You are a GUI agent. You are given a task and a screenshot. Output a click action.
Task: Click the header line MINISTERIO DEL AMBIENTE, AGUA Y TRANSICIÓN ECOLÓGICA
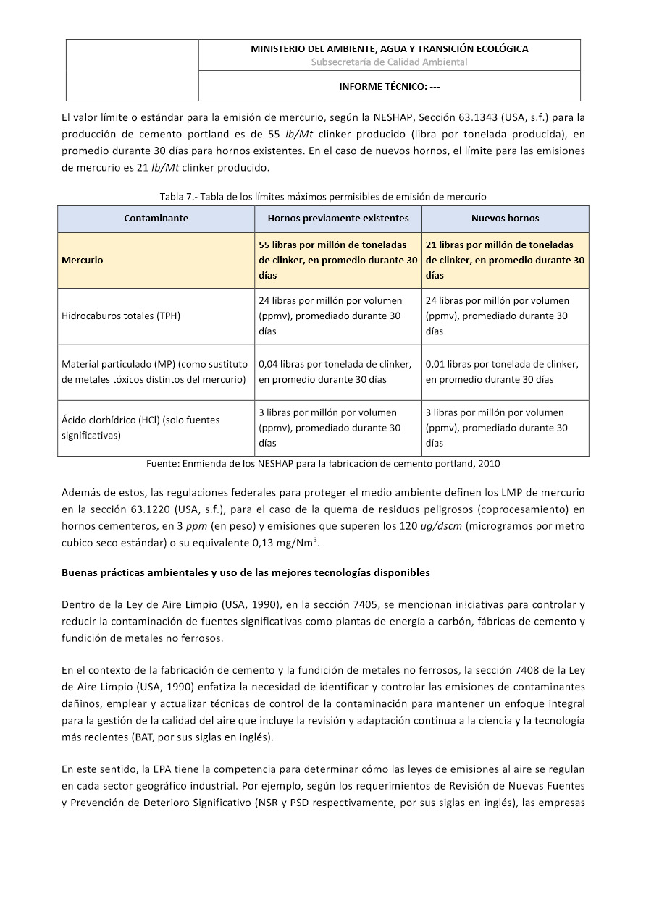click(389, 48)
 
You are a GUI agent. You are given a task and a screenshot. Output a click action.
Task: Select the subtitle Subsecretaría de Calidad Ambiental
click(389, 62)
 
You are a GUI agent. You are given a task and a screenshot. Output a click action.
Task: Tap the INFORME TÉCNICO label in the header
click(389, 86)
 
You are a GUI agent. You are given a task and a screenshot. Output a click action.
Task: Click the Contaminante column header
click(156, 218)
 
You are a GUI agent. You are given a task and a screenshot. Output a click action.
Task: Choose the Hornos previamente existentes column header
click(338, 218)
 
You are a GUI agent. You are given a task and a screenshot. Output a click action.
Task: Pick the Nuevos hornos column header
click(505, 218)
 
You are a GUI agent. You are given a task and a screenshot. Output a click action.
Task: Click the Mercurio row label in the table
click(83, 260)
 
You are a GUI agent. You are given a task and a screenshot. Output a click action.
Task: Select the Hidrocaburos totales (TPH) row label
click(121, 316)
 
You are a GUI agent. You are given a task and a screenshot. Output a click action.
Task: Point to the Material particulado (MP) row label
click(155, 371)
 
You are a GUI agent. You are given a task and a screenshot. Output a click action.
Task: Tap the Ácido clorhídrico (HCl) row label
click(140, 427)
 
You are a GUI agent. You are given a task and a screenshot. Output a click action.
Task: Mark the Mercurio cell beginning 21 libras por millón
click(505, 260)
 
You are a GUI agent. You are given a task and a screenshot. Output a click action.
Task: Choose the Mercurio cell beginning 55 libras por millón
click(338, 260)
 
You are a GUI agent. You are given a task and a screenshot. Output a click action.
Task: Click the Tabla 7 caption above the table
click(323, 196)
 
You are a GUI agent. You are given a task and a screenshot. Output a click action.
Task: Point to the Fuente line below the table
click(323, 463)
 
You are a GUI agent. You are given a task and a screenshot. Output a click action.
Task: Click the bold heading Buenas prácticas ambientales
click(246, 572)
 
